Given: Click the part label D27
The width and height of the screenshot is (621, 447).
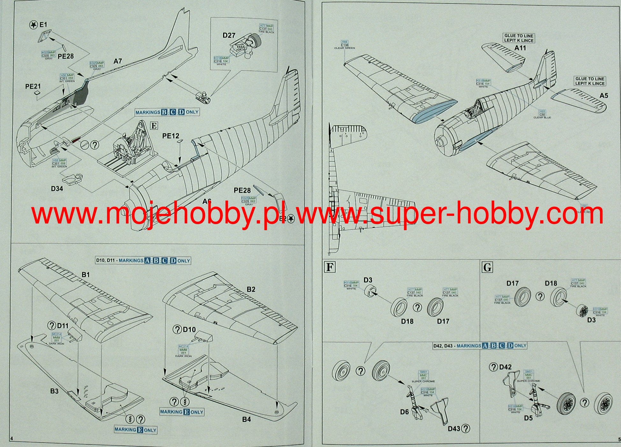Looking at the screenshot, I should [x=229, y=35].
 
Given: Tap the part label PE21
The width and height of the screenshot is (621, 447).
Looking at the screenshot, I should [x=33, y=86].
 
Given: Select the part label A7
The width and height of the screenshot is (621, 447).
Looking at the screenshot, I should [x=118, y=61].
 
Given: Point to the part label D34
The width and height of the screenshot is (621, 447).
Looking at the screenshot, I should [x=57, y=189].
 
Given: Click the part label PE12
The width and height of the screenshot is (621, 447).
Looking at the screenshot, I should [x=171, y=136].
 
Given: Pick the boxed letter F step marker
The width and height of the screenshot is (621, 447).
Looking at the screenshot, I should [x=330, y=267].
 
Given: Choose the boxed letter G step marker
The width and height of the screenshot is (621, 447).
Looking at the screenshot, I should [x=487, y=267].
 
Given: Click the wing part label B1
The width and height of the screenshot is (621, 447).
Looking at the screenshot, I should [x=85, y=275].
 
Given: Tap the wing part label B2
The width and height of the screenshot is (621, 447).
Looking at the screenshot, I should [x=251, y=289].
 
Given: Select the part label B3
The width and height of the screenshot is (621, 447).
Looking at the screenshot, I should [x=54, y=391].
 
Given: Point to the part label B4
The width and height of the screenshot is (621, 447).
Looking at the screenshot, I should [x=246, y=419].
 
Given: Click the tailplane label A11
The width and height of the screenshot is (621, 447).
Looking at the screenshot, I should [x=520, y=48].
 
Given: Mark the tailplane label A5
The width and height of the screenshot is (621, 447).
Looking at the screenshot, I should [x=603, y=96].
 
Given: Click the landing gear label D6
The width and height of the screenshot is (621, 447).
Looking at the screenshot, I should [x=404, y=412].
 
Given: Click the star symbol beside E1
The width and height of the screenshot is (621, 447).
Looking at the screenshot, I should [x=33, y=25].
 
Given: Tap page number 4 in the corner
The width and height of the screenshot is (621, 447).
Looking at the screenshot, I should [x=12, y=439].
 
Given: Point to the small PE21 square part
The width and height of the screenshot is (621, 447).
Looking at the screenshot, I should [x=38, y=93].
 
